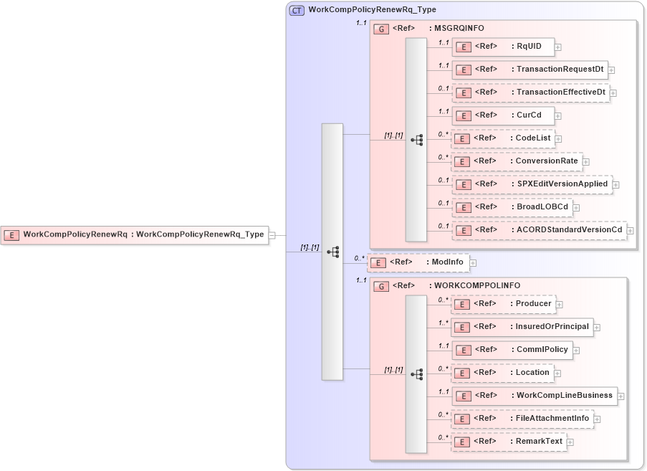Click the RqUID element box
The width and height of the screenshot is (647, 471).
[502, 47]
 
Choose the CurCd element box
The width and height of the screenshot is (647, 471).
[502, 115]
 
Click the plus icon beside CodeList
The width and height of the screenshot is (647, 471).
[558, 139]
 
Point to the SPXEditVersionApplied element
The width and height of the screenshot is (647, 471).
[532, 184]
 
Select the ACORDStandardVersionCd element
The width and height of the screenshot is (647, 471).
[539, 230]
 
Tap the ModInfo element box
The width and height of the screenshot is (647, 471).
[418, 262]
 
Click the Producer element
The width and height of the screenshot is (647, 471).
[503, 304]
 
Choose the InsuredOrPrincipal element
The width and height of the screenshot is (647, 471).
[522, 327]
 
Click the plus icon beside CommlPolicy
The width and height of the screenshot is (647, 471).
[576, 351]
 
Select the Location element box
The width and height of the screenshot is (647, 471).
[502, 373]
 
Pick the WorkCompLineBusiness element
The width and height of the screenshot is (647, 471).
[534, 396]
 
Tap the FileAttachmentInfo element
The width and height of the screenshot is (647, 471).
[522, 419]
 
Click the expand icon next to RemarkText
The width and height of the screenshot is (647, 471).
[570, 442]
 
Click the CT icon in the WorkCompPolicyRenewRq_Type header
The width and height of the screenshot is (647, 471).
[297, 11]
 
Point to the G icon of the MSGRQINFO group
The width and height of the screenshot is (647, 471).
[382, 29]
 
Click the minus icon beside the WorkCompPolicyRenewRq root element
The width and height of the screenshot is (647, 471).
[272, 235]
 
